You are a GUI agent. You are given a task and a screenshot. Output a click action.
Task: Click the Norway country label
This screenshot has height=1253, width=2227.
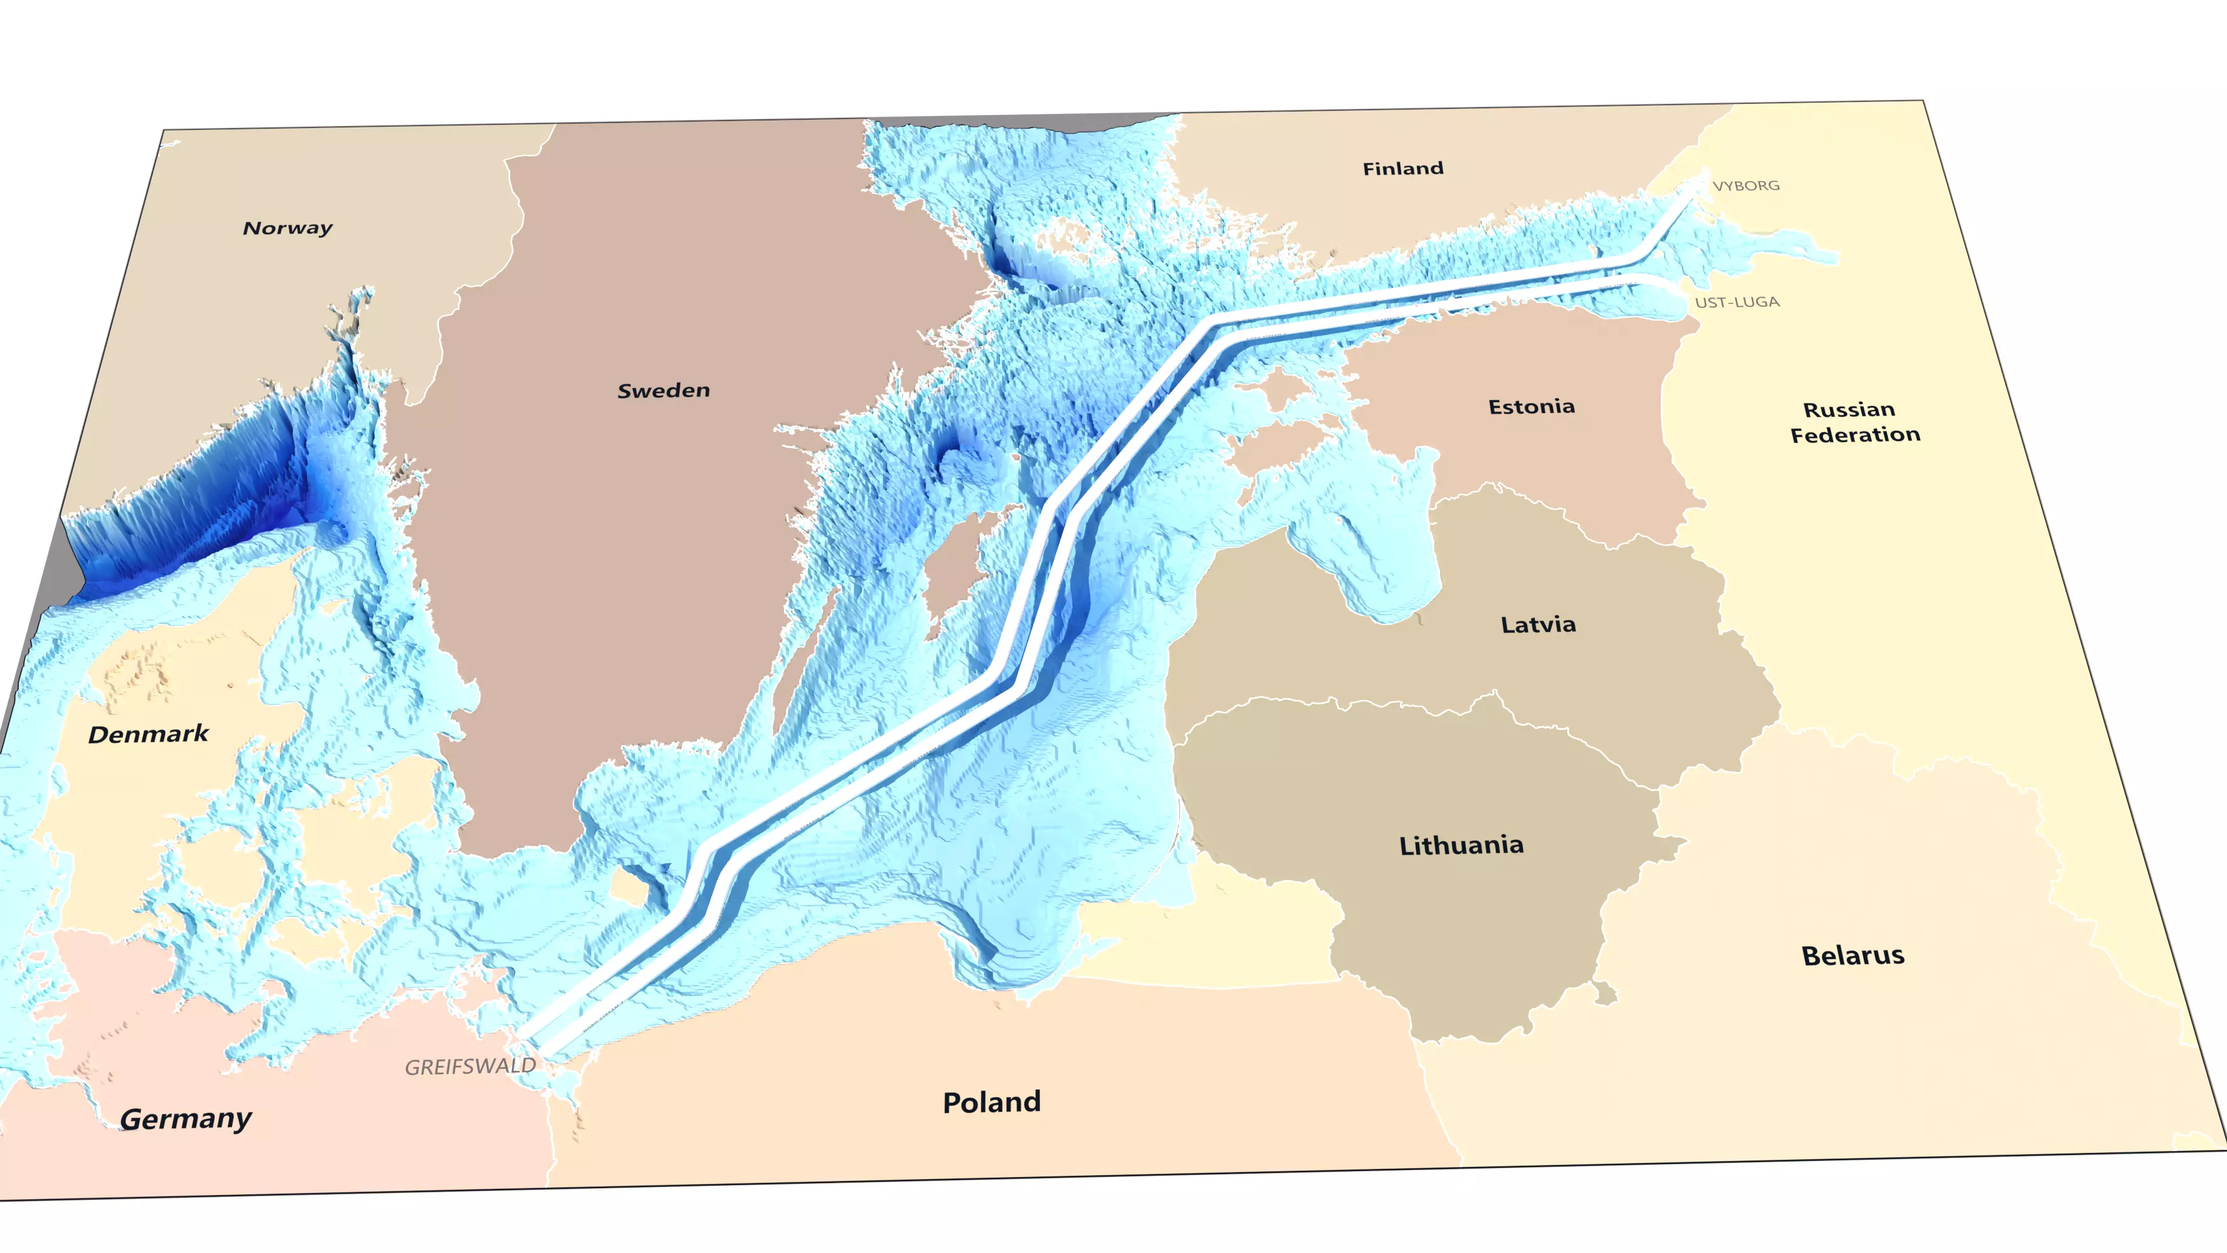287,228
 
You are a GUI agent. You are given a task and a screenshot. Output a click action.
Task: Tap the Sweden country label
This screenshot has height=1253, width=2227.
663,391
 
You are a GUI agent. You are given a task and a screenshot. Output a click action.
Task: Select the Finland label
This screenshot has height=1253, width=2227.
1402,169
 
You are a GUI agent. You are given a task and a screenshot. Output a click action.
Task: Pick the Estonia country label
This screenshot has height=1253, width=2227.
1530,407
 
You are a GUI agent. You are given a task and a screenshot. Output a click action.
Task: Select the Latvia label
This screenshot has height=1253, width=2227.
1537,624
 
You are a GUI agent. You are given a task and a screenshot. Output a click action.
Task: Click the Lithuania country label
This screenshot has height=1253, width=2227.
1460,846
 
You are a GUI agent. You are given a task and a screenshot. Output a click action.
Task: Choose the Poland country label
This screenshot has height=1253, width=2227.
991,1103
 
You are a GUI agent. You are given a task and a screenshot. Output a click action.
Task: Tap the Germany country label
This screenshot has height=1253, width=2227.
185,1119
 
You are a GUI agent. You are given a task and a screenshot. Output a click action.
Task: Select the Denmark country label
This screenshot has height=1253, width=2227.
148,735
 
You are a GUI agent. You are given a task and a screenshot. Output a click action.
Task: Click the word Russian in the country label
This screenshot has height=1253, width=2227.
1848,410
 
